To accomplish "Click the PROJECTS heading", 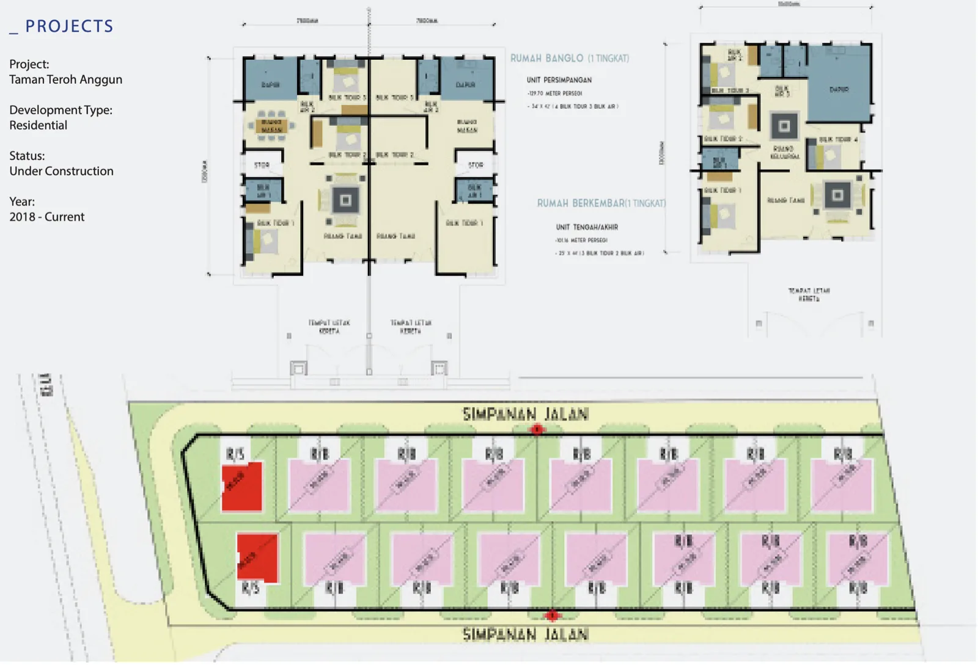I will [x=68, y=26].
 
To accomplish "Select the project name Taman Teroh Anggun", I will [x=65, y=79].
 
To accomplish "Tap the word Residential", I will [x=38, y=125].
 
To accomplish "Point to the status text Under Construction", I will [x=61, y=171].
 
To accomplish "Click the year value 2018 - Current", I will [x=46, y=217].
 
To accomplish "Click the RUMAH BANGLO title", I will [x=569, y=59].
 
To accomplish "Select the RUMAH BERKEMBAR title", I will [x=601, y=203].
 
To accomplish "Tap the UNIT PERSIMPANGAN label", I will [x=559, y=80].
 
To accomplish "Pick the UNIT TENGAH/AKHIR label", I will [x=587, y=227].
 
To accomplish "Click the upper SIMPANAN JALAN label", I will [x=525, y=415].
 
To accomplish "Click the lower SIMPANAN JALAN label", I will [x=525, y=634].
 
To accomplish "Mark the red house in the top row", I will [x=242, y=486].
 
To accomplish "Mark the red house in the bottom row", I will [x=257, y=558].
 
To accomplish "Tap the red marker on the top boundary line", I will [x=537, y=430].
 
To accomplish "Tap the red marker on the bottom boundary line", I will [x=552, y=615].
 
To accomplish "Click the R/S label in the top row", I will [x=235, y=454].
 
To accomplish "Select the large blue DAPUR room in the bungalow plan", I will [x=839, y=85].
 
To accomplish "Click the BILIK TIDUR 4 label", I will [x=838, y=140].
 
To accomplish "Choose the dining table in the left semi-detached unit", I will [x=271, y=126].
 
